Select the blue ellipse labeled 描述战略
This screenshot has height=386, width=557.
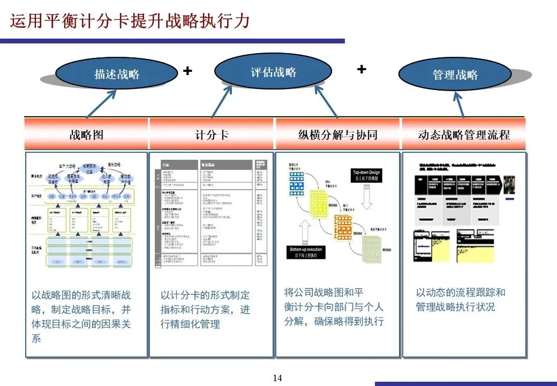click(116, 73)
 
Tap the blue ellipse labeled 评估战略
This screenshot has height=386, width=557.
click(273, 71)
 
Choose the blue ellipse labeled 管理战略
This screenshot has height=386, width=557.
click(455, 75)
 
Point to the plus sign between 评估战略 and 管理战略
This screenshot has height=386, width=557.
click(362, 69)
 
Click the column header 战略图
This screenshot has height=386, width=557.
click(86, 135)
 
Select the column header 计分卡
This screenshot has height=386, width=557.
click(212, 135)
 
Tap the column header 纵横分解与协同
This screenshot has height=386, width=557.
click(337, 135)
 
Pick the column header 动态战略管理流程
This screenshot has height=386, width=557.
click(464, 135)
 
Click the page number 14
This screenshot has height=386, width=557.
click(277, 378)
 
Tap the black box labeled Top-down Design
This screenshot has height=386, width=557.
click(366, 175)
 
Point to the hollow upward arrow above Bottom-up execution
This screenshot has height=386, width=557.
click(307, 231)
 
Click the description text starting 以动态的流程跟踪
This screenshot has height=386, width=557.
click(461, 300)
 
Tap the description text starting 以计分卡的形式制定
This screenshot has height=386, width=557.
click(205, 309)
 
